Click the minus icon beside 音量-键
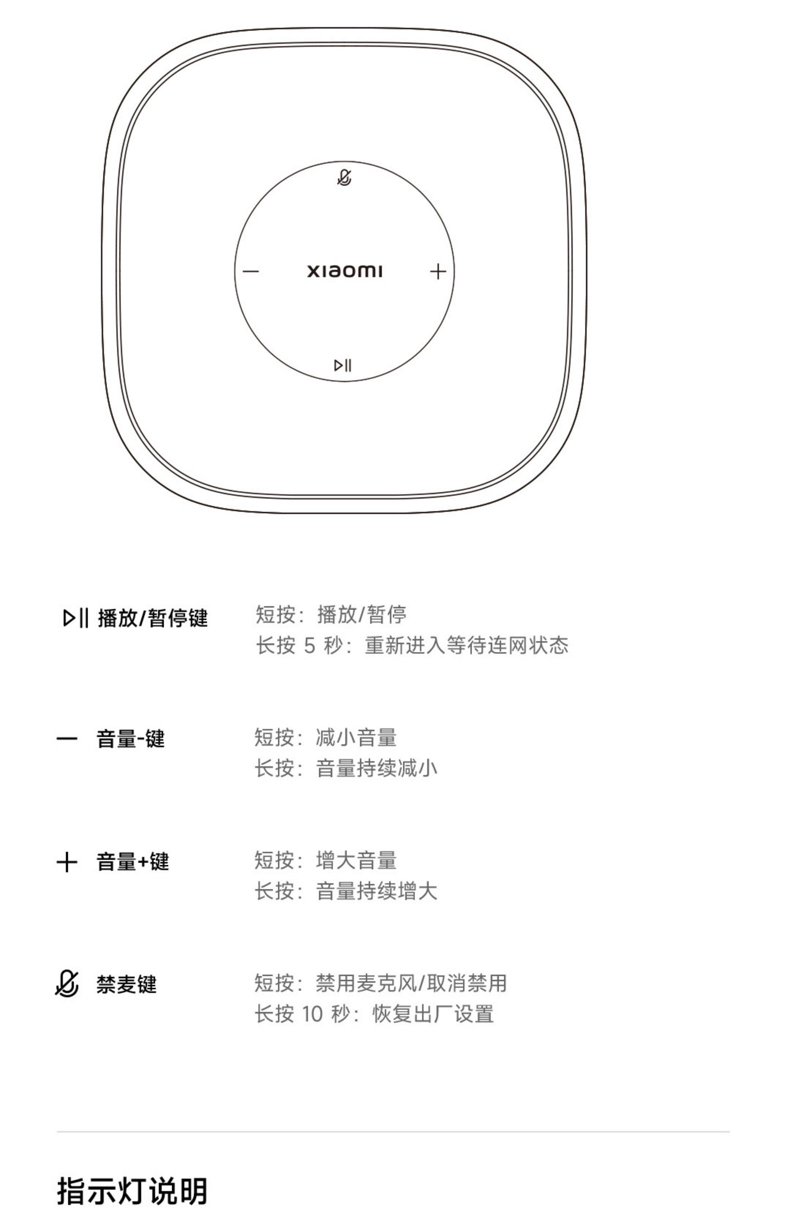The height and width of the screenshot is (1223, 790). (67, 739)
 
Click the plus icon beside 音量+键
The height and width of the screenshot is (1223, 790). (67, 862)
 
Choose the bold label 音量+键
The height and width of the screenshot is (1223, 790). (132, 862)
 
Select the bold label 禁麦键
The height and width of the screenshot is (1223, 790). (126, 984)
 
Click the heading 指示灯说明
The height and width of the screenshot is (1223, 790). (132, 1191)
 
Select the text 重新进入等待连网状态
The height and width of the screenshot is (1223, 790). (466, 645)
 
